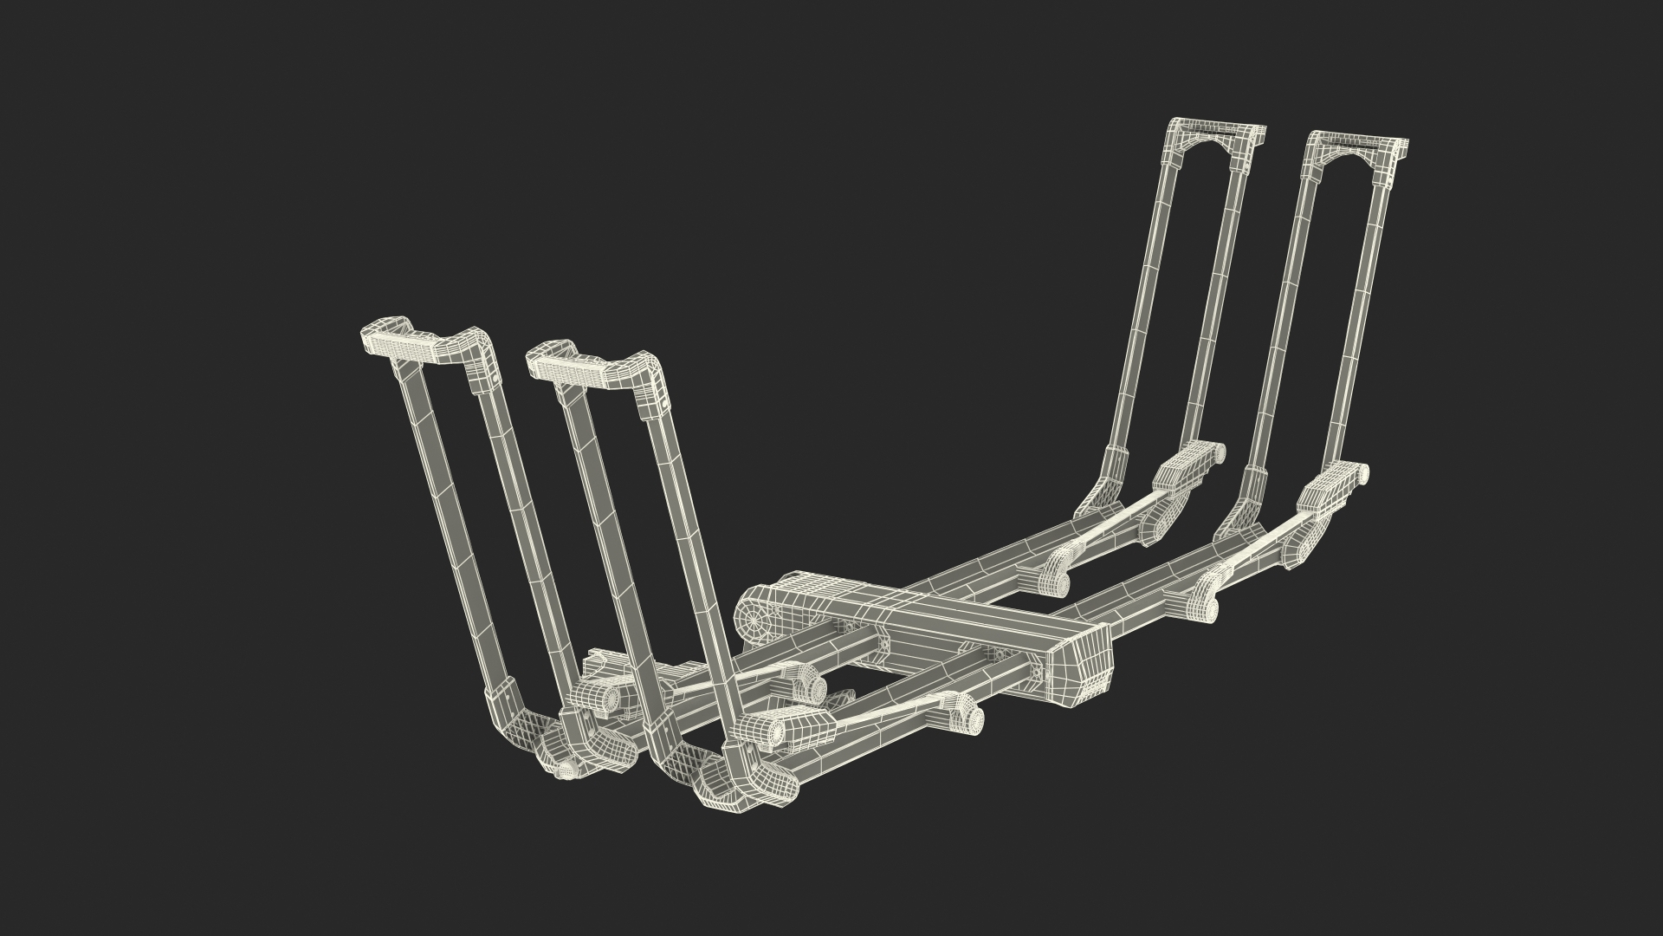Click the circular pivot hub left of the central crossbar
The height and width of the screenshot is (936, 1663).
[x=756, y=619]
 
